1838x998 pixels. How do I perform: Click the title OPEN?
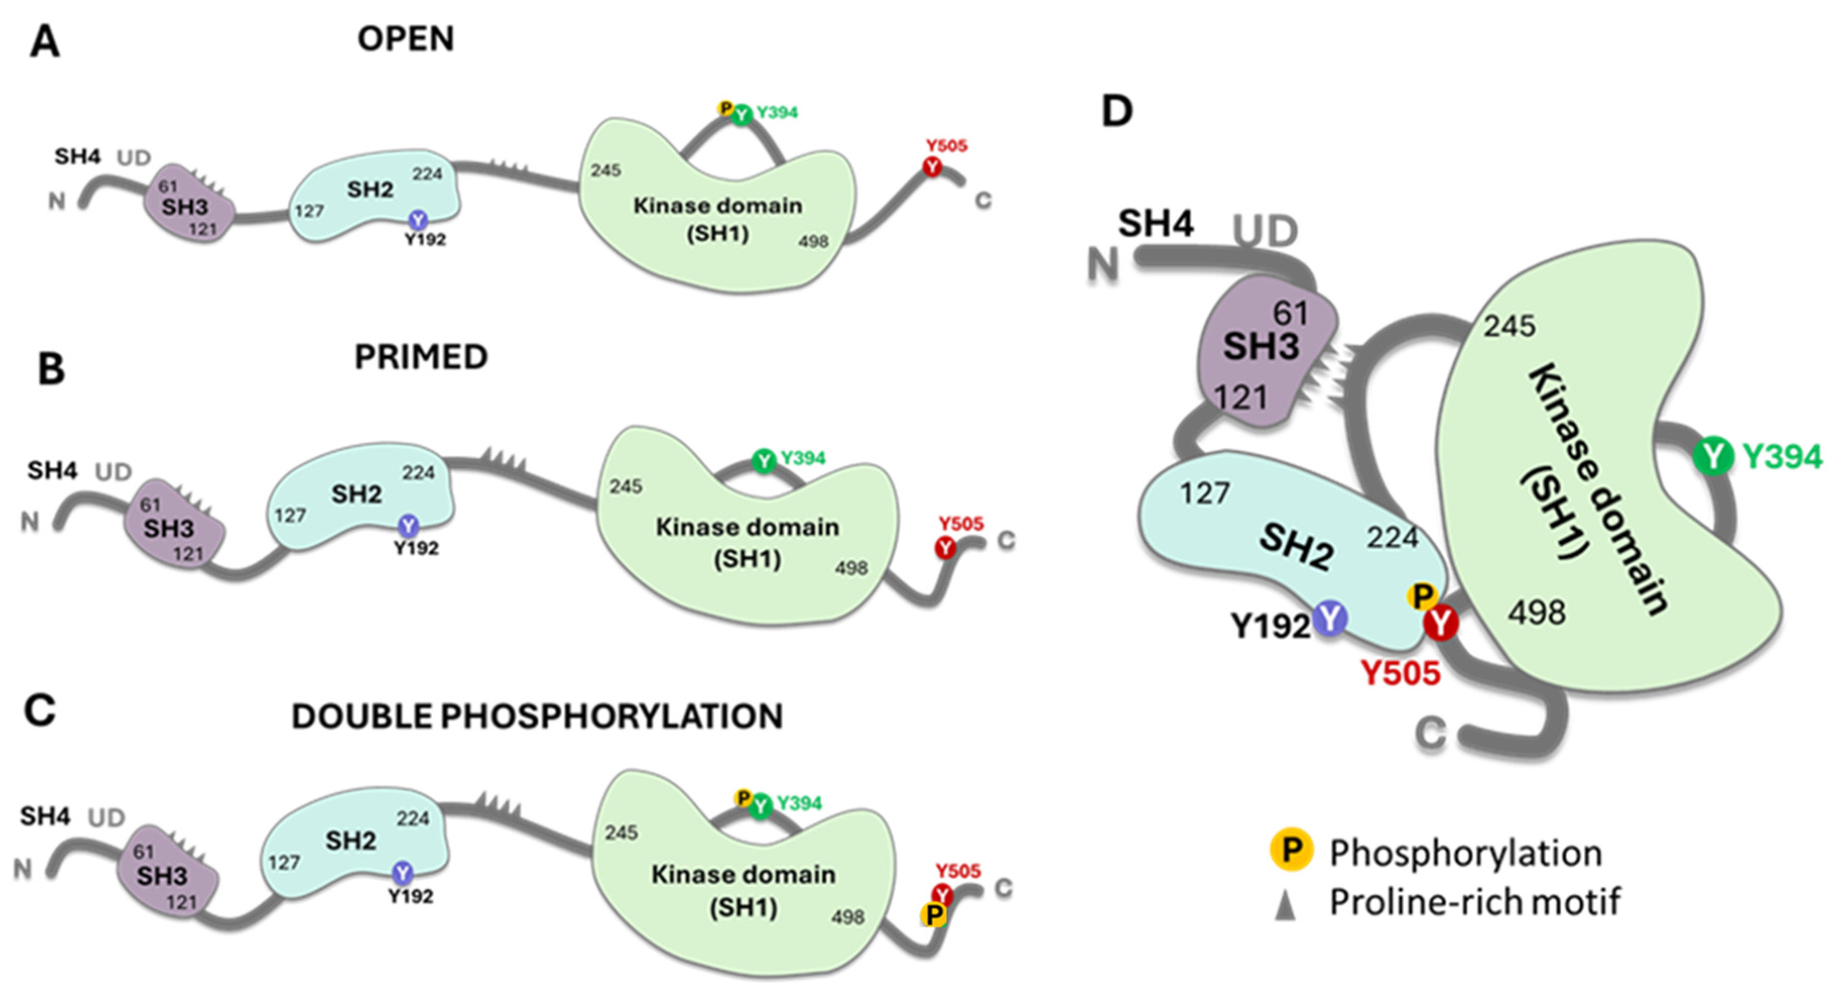coord(405,38)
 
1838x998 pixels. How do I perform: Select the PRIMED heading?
coord(421,357)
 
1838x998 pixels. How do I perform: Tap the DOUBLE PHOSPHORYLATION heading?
coord(537,716)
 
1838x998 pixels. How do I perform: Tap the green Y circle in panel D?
coord(1713,456)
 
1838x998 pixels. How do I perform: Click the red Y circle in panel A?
coord(933,167)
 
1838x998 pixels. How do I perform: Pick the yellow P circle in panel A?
coord(726,108)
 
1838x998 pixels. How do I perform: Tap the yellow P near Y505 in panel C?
coord(933,914)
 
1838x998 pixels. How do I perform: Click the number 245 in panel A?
coord(605,170)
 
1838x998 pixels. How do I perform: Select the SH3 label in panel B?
coord(168,528)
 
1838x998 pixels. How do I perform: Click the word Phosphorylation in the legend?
coord(1466,853)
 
